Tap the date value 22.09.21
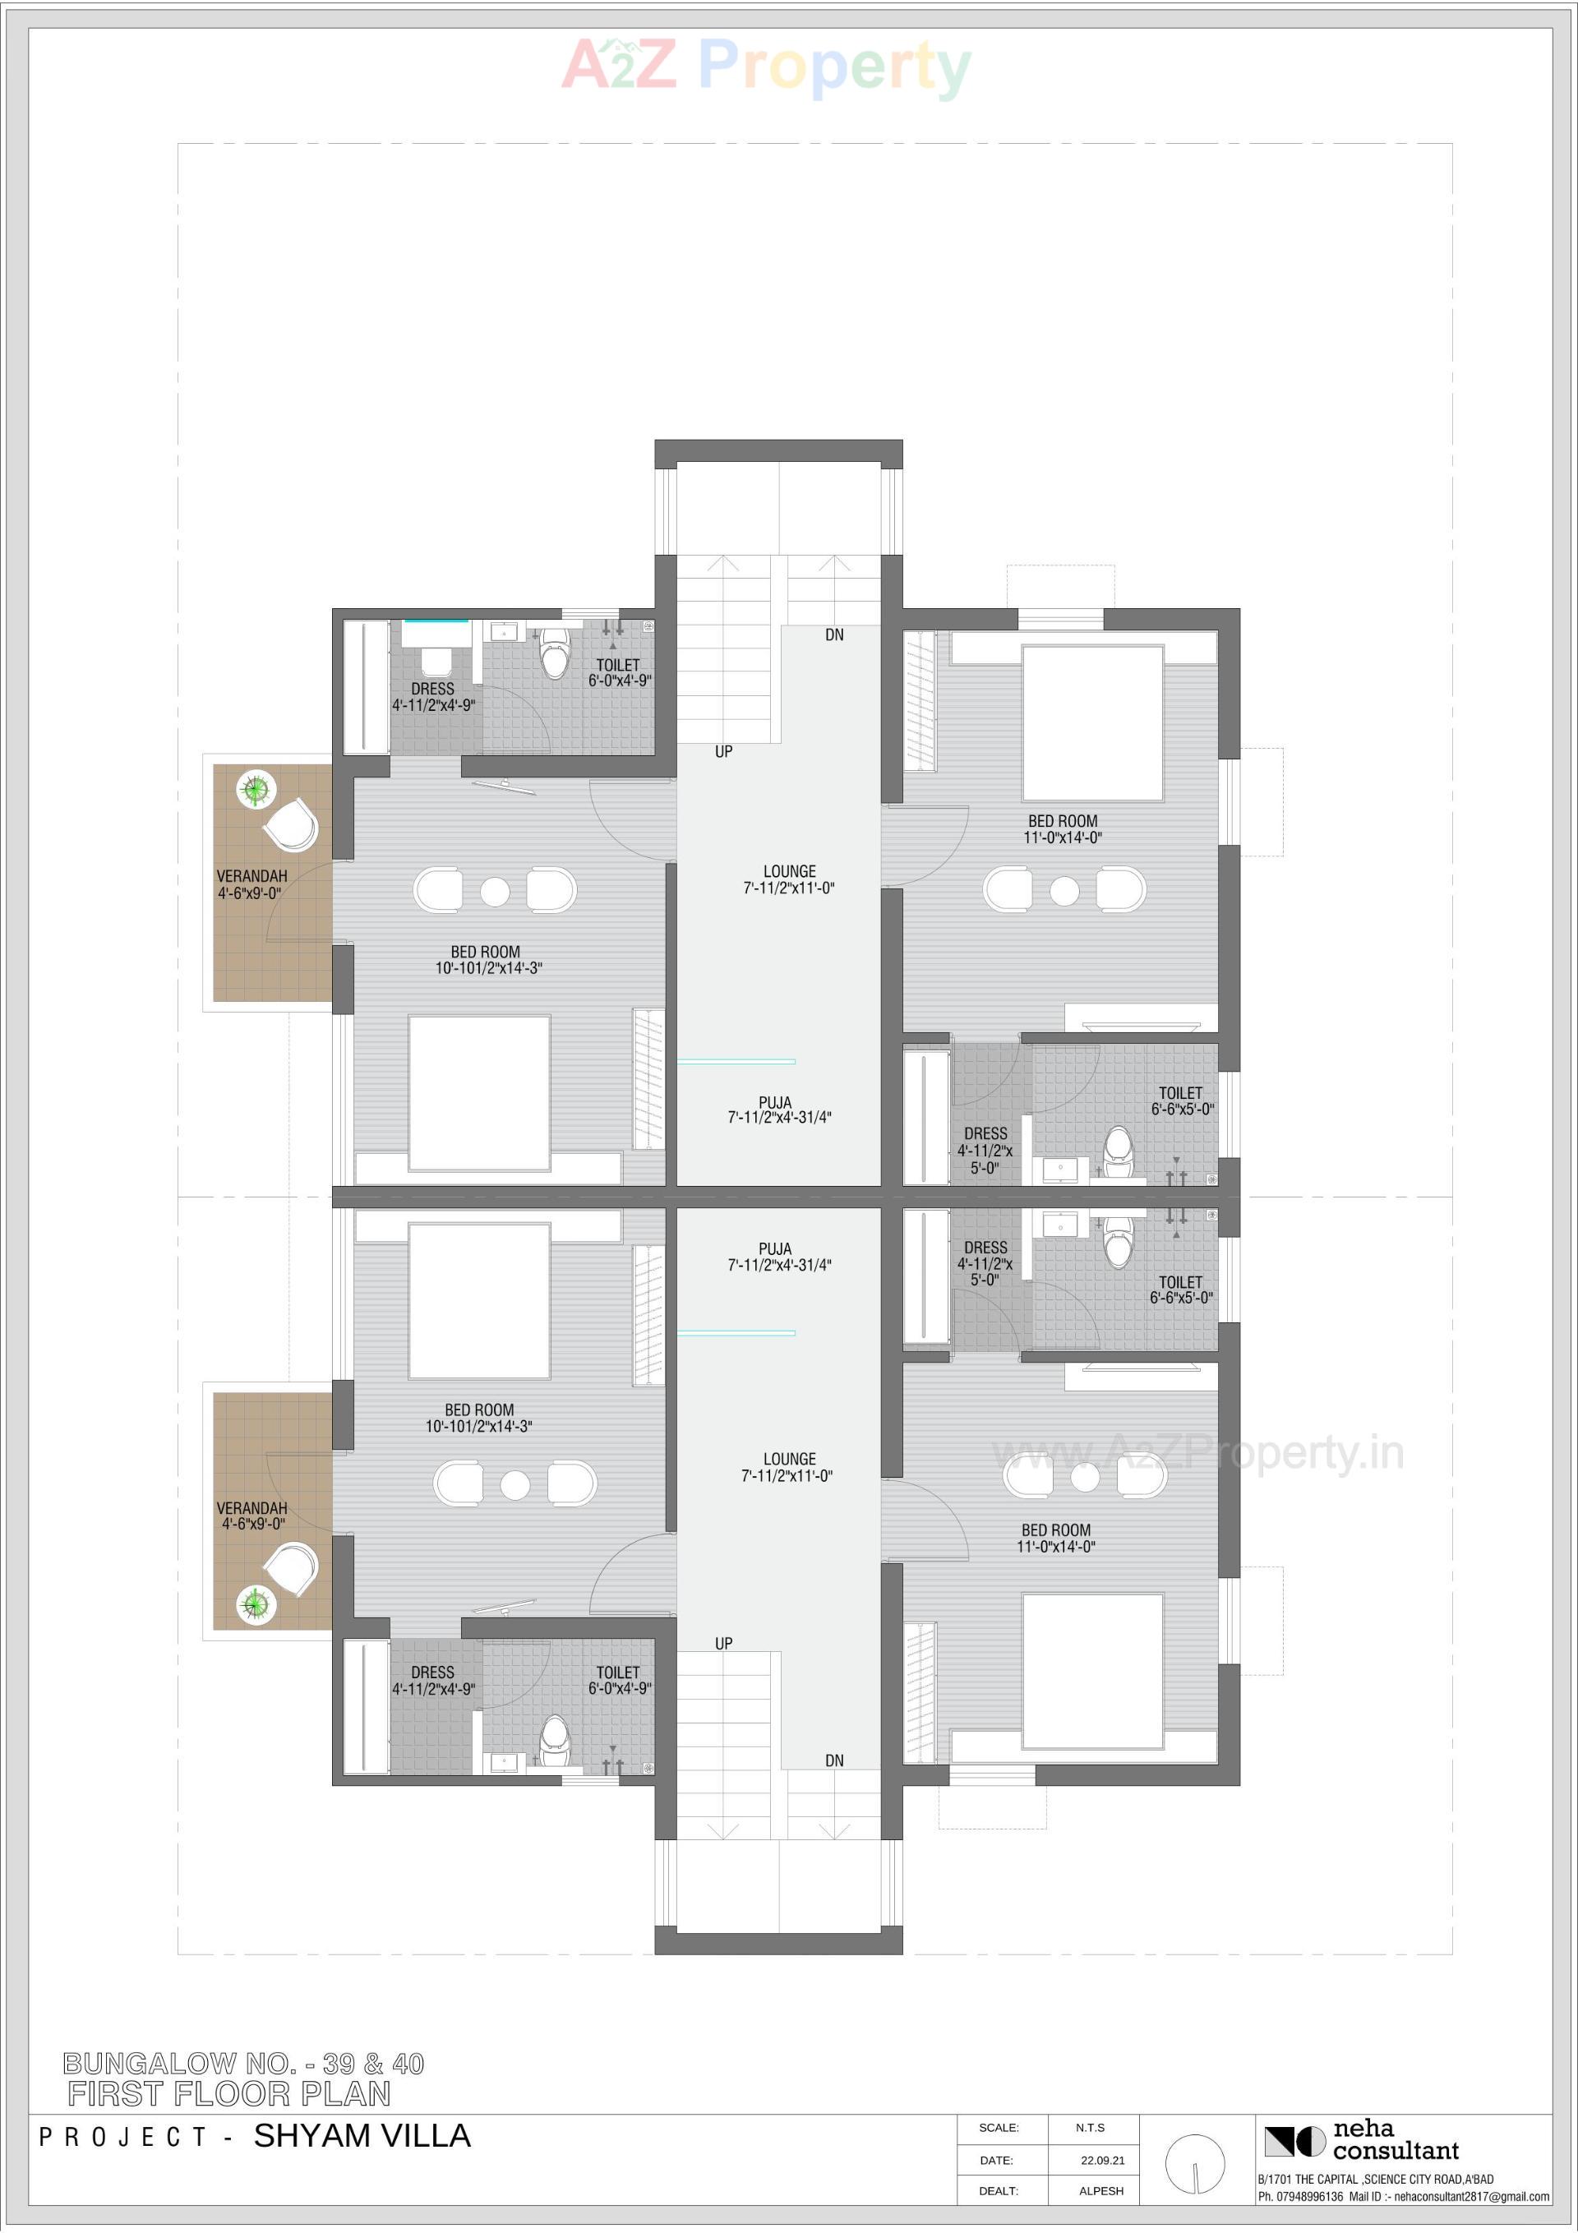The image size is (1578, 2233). (1101, 2160)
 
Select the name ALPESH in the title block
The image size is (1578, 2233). (1100, 2191)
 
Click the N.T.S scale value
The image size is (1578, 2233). (1090, 2128)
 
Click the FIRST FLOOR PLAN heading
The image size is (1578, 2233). (228, 2093)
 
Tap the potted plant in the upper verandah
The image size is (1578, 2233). (256, 790)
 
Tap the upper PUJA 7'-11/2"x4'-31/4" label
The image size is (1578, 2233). (778, 1110)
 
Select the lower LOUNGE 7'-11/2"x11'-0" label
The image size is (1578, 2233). (787, 1467)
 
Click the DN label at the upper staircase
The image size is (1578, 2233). (833, 635)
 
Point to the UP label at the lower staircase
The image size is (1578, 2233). (723, 1643)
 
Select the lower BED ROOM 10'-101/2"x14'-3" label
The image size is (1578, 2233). (478, 1417)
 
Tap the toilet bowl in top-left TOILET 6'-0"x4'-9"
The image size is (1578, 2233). (555, 653)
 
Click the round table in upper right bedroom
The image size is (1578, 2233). (1064, 890)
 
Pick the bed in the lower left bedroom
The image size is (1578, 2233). (478, 1300)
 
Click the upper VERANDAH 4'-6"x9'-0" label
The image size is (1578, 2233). (251, 884)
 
